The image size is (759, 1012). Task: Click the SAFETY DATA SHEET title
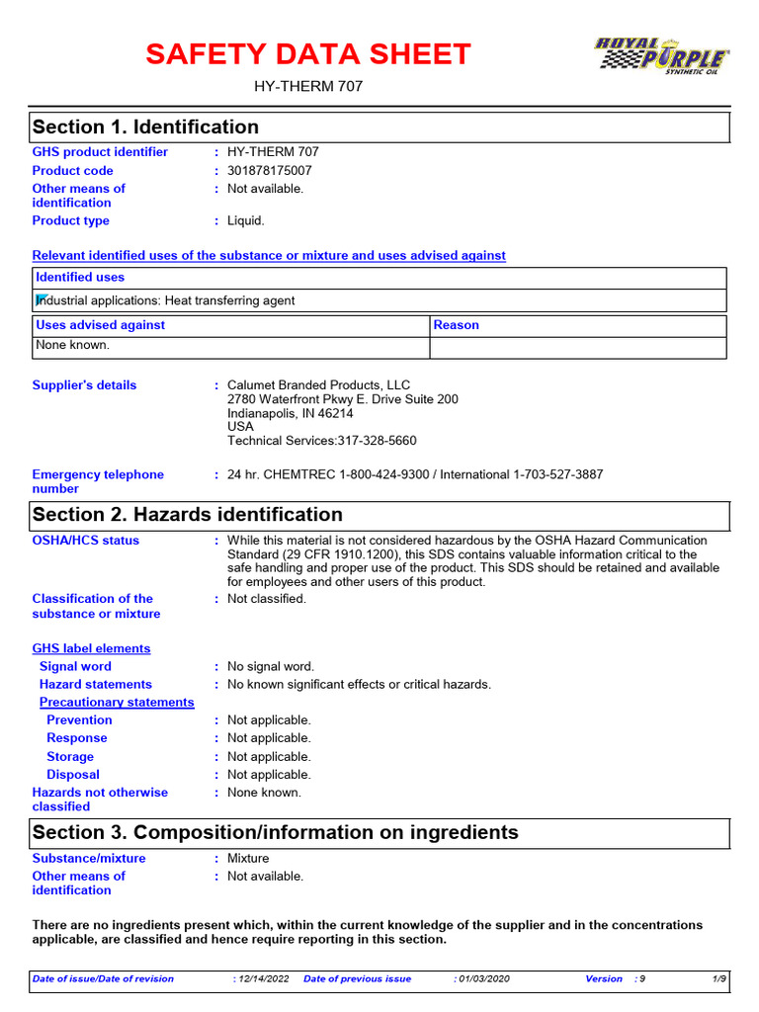tap(308, 54)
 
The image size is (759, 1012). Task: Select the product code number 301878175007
tap(269, 171)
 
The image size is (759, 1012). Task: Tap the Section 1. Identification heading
tap(145, 127)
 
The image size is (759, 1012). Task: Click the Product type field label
tap(71, 221)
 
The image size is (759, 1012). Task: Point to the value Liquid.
tap(246, 221)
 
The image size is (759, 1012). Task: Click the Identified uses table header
tap(80, 278)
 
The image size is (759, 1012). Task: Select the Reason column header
tap(456, 325)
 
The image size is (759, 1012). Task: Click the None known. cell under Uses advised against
tap(73, 346)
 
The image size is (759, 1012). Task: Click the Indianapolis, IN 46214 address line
tap(291, 413)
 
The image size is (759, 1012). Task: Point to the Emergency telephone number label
tap(98, 481)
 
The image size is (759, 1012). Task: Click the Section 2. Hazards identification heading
tap(188, 515)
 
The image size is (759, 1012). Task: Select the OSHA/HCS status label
tap(86, 541)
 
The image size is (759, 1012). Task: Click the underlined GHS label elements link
tap(92, 649)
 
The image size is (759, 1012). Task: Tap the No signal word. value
tap(271, 667)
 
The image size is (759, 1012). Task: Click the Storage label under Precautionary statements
tap(70, 757)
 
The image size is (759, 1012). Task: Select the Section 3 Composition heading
tap(275, 832)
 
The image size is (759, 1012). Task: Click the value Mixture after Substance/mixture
tap(248, 859)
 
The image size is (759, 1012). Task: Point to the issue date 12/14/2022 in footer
tap(263, 978)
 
